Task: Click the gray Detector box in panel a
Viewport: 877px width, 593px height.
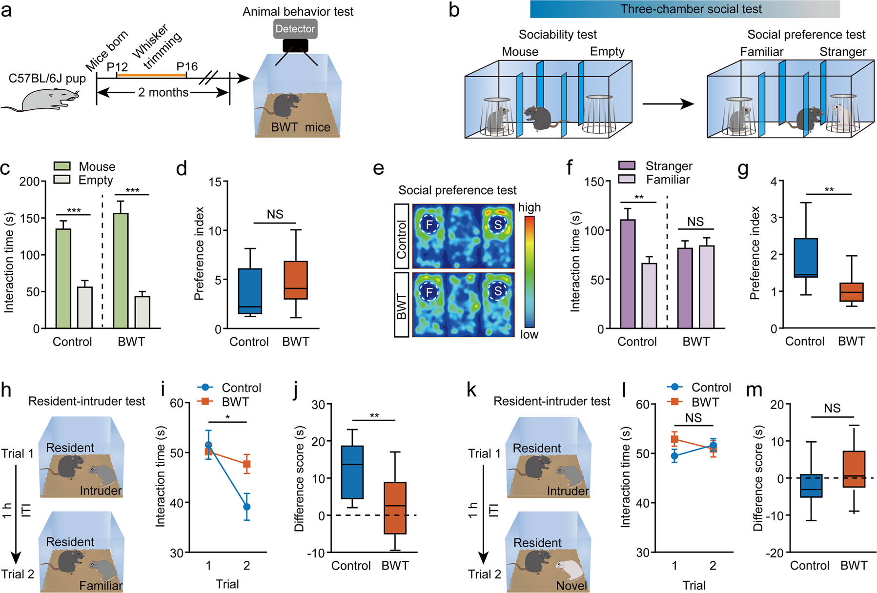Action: (295, 29)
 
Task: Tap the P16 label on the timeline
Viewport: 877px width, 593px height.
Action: (187, 67)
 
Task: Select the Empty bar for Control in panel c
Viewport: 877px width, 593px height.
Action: (84, 307)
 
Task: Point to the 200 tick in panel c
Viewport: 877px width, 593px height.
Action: (29, 182)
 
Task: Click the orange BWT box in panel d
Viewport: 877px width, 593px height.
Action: (296, 280)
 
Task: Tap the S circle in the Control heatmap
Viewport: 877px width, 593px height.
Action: (498, 225)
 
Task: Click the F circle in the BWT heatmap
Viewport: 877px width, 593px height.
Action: (429, 292)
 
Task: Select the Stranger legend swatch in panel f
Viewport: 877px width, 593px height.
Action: (627, 166)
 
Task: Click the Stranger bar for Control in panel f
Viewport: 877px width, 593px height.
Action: (628, 274)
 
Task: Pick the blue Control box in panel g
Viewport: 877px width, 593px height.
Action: (806, 258)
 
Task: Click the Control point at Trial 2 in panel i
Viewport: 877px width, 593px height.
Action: (247, 507)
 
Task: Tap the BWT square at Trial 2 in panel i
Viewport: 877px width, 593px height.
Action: (247, 464)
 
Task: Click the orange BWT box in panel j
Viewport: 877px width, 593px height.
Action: (395, 508)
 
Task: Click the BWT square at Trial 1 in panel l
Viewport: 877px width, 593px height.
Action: (674, 439)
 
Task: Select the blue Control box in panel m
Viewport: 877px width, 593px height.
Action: (811, 486)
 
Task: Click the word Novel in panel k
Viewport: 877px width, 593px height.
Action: (571, 585)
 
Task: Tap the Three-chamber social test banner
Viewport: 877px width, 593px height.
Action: (691, 9)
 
